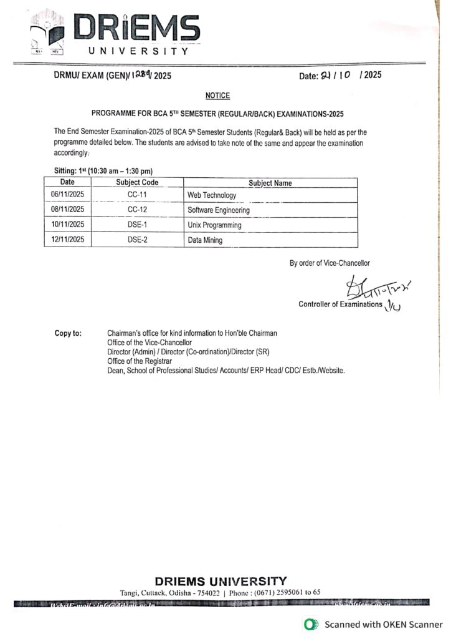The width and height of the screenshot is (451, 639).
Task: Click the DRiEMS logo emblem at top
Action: pos(49,33)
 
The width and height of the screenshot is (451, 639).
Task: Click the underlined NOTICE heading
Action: pos(217,95)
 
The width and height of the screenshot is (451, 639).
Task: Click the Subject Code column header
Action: pos(137,183)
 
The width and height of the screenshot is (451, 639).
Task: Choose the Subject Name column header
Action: pos(270,183)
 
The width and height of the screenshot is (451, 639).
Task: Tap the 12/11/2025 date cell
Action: pos(67,240)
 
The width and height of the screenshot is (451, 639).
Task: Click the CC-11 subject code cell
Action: pos(137,195)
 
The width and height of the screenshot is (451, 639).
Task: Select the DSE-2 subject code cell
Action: pos(137,240)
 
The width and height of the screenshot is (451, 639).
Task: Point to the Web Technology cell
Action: pos(212,195)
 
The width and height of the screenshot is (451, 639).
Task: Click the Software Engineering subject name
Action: pos(219,210)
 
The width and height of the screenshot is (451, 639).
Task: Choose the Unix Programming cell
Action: pos(214,225)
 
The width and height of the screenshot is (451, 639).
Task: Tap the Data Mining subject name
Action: pos(205,240)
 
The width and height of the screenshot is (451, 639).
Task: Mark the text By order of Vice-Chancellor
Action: pos(330,263)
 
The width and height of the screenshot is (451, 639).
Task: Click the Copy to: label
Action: pos(68,333)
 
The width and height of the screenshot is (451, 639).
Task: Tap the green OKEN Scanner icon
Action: pos(308,624)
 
